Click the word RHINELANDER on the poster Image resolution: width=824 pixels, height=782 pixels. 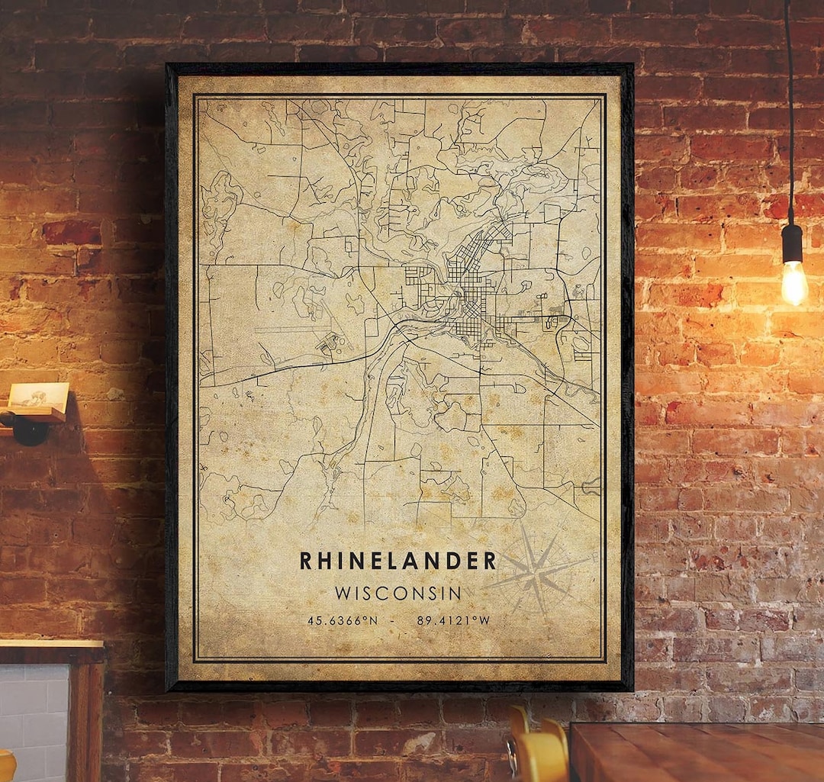(x=398, y=561)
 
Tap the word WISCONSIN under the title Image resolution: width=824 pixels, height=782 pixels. (x=398, y=593)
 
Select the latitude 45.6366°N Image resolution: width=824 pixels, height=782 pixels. (x=343, y=620)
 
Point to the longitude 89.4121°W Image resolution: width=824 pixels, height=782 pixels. (x=453, y=620)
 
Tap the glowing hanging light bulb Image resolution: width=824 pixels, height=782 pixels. (x=794, y=282)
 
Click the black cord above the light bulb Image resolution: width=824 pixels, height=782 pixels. (x=789, y=114)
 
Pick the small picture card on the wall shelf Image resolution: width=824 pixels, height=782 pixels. (x=37, y=396)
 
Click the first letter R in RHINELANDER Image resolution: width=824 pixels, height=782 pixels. (x=306, y=561)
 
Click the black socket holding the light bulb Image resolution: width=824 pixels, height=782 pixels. (x=792, y=243)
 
